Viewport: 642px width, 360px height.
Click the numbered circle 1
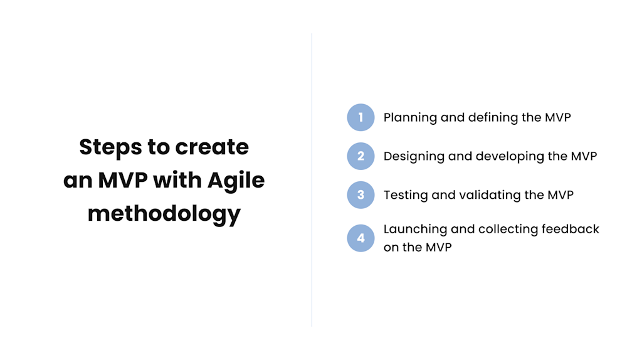click(x=360, y=117)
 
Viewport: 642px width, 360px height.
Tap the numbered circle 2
click(x=360, y=156)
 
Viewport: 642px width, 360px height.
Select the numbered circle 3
click(x=360, y=195)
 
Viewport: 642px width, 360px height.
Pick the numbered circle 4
click(x=360, y=238)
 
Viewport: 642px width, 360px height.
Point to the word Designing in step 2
click(x=414, y=157)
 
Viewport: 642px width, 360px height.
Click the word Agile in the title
click(x=236, y=181)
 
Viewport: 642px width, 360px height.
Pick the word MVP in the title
click(x=123, y=180)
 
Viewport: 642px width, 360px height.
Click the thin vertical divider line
click(x=312, y=180)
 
